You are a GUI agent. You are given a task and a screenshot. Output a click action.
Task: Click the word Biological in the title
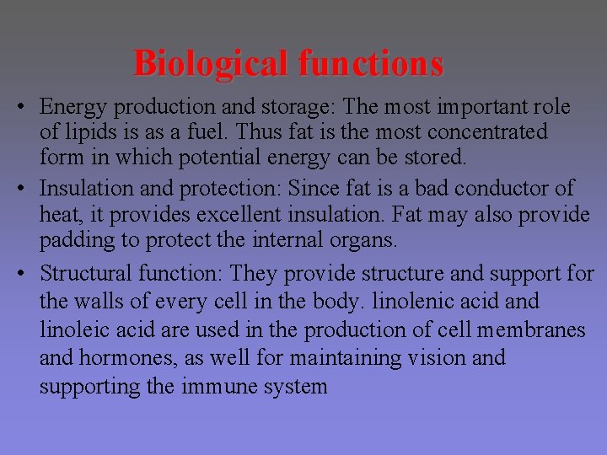pos(212,63)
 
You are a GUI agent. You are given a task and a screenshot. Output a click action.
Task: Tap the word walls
pos(105,301)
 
